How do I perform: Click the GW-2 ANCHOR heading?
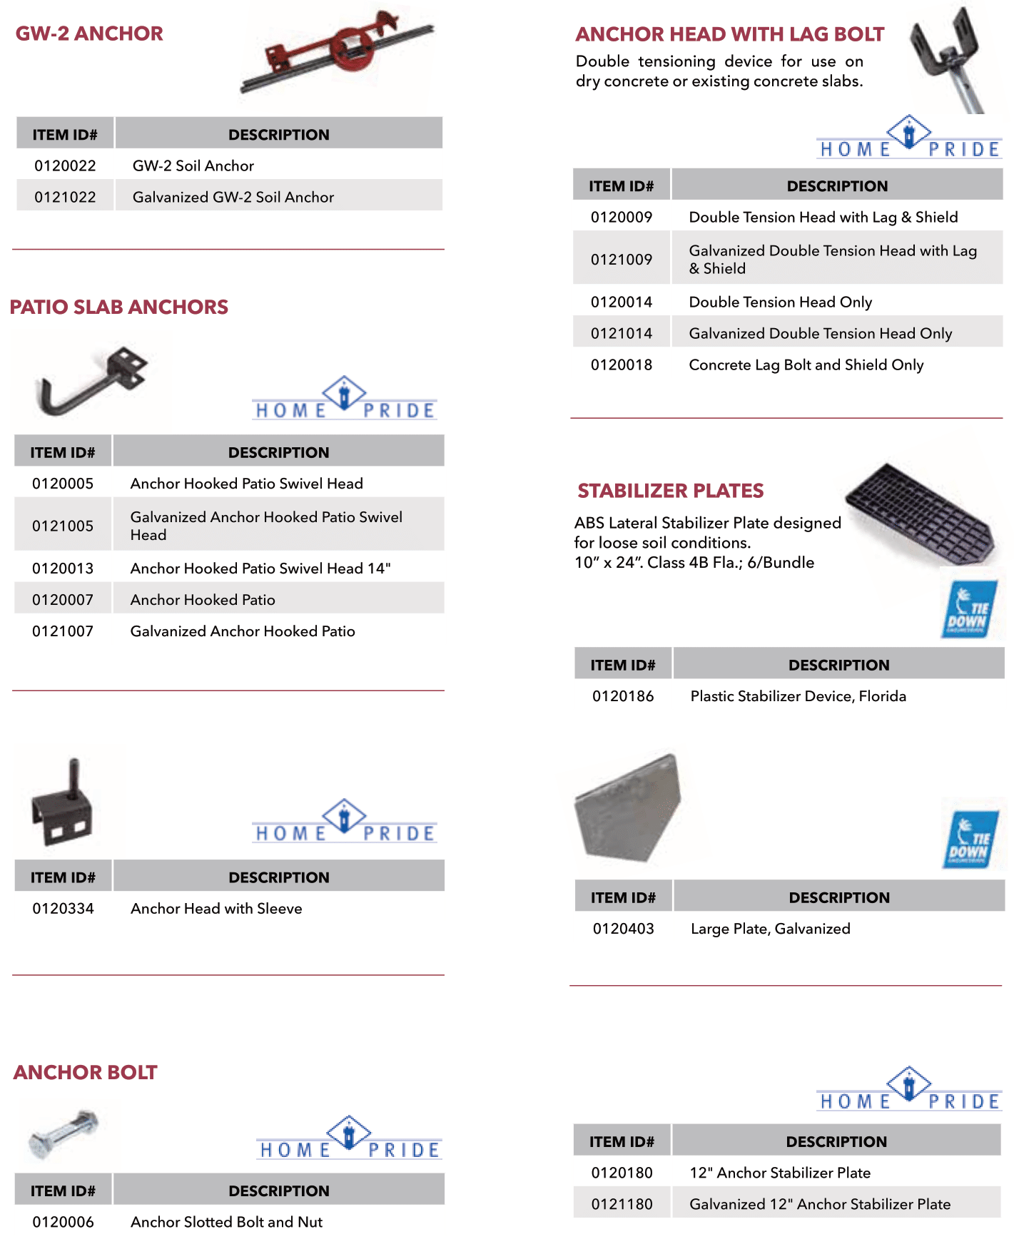(89, 34)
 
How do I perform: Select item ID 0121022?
(65, 197)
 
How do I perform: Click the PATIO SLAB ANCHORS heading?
(118, 307)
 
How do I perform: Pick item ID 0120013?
(63, 569)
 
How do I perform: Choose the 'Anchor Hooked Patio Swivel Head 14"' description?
(260, 569)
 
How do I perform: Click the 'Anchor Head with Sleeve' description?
(216, 909)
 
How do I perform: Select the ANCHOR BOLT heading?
(85, 1072)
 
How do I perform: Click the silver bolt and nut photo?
(63, 1134)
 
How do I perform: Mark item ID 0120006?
(63, 1222)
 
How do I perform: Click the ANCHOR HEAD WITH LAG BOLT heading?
(729, 34)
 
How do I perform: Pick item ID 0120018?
(622, 365)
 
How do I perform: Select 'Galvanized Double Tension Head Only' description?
(821, 334)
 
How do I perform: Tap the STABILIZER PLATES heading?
(670, 491)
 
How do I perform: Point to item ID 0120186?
(623, 696)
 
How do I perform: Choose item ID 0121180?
(622, 1204)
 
